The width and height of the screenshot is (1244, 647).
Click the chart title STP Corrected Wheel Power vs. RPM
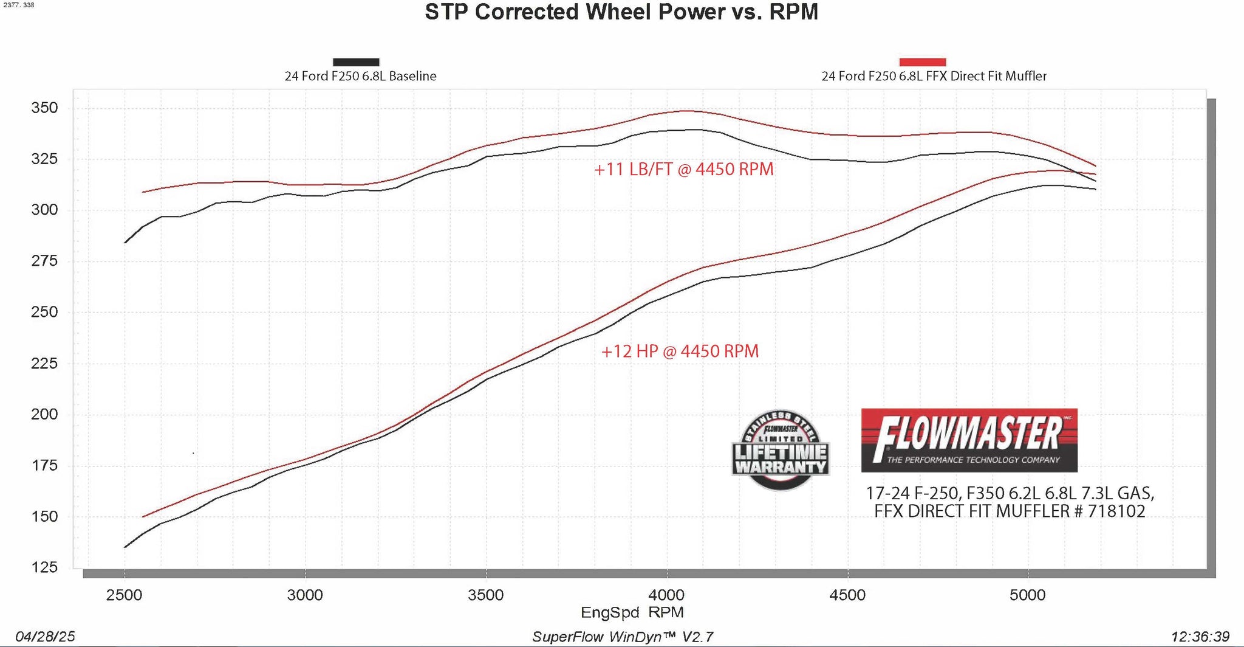coord(621,13)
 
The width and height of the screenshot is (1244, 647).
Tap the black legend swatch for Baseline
coord(356,62)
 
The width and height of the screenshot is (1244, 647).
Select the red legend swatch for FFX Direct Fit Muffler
coord(922,62)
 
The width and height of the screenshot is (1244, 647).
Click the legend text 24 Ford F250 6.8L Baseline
coord(360,77)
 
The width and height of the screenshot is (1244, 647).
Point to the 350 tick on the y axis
coord(44,108)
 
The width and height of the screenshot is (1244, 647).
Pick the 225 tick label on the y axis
coord(44,364)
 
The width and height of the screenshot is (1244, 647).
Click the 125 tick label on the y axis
coord(44,568)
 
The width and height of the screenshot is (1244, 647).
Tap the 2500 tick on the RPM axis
coord(124,595)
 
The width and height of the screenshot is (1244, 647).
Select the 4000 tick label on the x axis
coord(666,595)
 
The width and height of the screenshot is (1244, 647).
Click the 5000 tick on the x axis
coord(1027,595)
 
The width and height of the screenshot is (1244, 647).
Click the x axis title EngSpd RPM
coord(632,612)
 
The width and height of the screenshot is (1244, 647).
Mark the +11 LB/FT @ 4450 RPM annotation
coord(683,169)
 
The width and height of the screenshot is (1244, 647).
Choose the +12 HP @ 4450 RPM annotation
coord(680,351)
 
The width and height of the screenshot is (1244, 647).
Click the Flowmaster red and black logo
coord(969,440)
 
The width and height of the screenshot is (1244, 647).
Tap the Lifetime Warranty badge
coord(781,451)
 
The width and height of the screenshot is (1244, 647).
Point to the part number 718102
coord(1116,511)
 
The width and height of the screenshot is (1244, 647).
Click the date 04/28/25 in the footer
coord(45,637)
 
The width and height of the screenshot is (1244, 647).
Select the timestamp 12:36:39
coord(1200,637)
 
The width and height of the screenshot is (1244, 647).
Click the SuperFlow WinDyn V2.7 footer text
coord(622,637)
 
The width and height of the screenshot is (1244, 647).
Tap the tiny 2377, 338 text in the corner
coord(19,5)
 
